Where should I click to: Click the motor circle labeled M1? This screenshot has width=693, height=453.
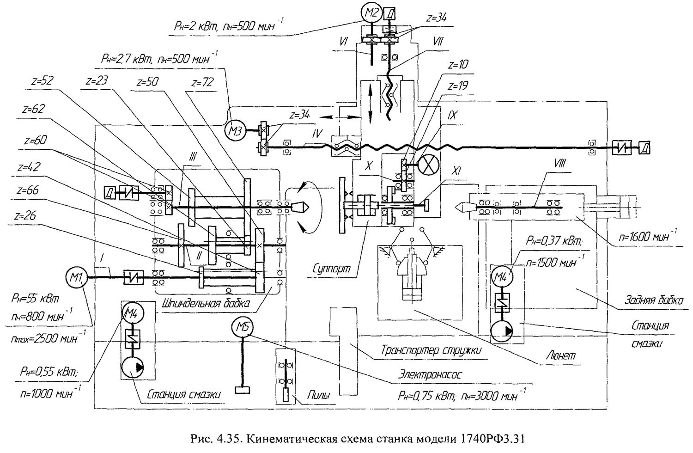click(76, 277)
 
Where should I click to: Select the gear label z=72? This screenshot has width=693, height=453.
click(203, 83)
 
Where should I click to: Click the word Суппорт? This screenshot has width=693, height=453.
click(332, 269)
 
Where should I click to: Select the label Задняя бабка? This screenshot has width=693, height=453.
click(654, 300)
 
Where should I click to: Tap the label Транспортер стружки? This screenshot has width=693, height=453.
click(431, 350)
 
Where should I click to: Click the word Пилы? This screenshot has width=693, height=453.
click(319, 395)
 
